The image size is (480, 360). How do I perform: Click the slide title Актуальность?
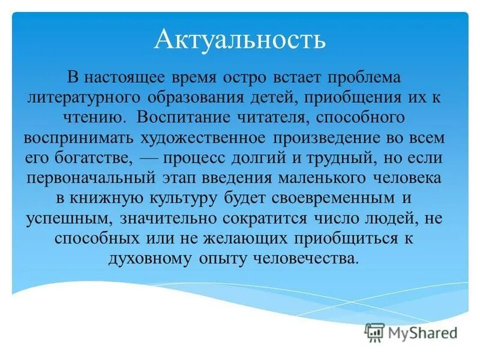(x=240, y=40)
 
